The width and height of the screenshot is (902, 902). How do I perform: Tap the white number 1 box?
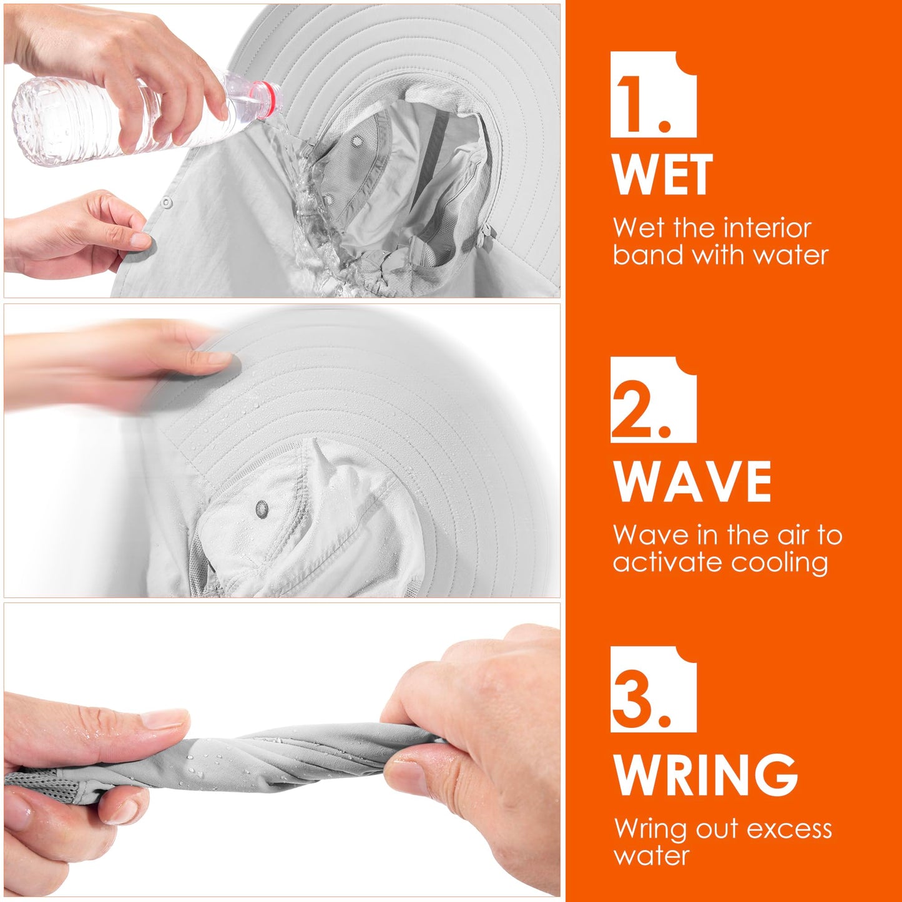coord(653,94)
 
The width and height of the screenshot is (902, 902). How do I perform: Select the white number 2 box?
coord(653,400)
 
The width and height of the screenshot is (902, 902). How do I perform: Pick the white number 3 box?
coord(653,689)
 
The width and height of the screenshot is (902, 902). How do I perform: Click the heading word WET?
coord(662,174)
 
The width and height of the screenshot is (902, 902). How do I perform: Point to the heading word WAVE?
coord(692,481)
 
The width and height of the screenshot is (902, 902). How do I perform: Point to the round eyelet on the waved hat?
coord(262,509)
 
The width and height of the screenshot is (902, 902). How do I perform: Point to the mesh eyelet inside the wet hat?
coord(357,140)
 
